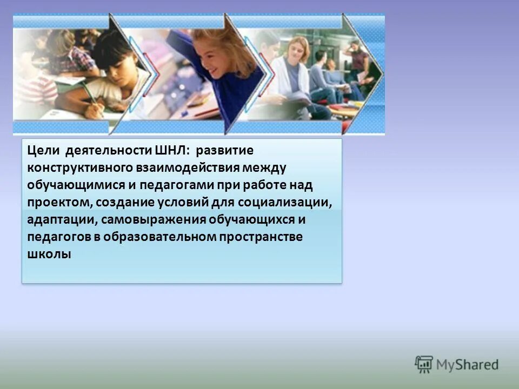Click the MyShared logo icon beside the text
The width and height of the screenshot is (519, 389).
pos(424,365)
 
